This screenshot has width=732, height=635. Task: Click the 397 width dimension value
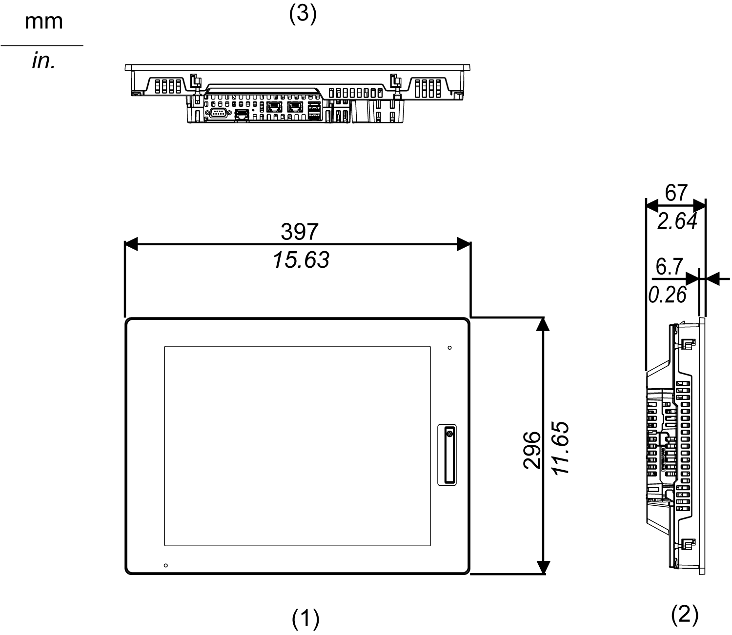point(300,232)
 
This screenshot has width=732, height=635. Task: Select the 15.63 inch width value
point(301,260)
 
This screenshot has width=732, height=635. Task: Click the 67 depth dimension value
point(676,193)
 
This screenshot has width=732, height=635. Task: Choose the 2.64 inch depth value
point(677,222)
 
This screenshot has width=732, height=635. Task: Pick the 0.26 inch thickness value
point(667,295)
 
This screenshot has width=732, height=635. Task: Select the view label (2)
point(685,615)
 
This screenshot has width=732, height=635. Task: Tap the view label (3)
point(303,15)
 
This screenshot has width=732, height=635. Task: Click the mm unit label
point(44,22)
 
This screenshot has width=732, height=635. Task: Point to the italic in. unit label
point(44,62)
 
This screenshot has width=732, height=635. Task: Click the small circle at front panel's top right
point(449,348)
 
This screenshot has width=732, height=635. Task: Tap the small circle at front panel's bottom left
point(166,565)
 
